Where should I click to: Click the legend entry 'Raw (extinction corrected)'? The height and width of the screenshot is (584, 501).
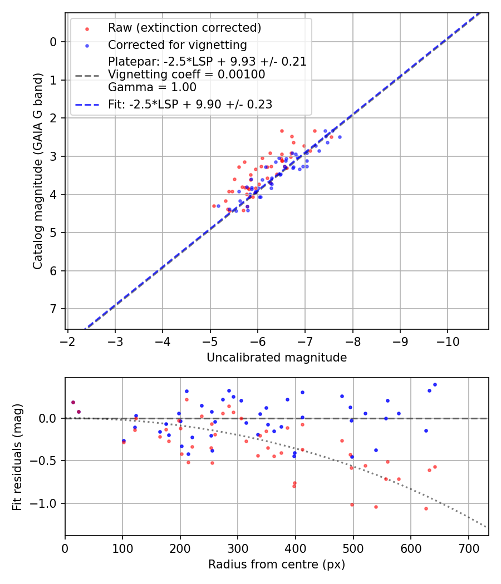184,28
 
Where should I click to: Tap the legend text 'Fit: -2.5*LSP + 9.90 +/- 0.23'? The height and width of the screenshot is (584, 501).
190,104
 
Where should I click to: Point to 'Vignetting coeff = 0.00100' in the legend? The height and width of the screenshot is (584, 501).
186,74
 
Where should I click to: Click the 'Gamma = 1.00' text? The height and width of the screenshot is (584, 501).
152,87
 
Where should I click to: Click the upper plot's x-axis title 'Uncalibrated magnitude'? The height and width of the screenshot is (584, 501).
277,358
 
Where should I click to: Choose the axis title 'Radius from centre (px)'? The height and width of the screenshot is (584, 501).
277,565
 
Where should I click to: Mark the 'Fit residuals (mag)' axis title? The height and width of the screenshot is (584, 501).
17,457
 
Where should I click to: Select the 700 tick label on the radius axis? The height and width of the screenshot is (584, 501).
468,548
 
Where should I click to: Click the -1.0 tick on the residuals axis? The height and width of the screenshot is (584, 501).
47,503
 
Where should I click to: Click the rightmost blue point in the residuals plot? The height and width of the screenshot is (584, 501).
435,384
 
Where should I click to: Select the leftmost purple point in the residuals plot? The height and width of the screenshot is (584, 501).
73,402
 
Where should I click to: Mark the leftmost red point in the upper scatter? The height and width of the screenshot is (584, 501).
214,206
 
